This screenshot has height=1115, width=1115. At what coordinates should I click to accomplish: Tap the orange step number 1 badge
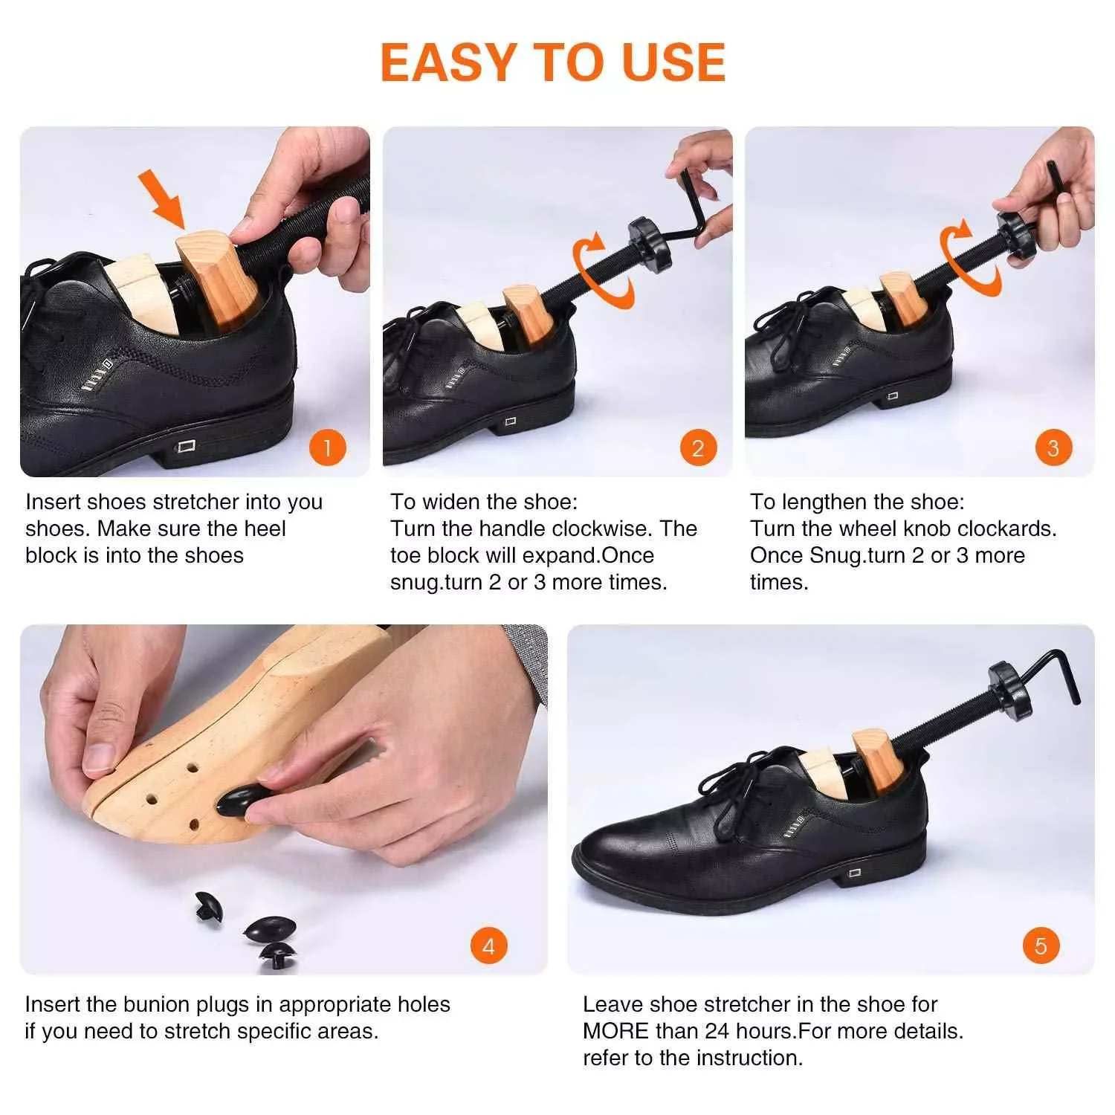pyautogui.click(x=327, y=447)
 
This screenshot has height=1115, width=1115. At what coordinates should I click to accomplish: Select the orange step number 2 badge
pyautogui.click(x=697, y=447)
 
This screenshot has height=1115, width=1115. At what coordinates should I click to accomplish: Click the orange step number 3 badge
pyautogui.click(x=1053, y=447)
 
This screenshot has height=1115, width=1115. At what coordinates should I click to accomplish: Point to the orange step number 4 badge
pyautogui.click(x=488, y=946)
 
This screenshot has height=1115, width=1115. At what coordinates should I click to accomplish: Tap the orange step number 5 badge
pyautogui.click(x=1040, y=946)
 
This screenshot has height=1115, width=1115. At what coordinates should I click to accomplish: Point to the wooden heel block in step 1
pyautogui.click(x=216, y=282)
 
